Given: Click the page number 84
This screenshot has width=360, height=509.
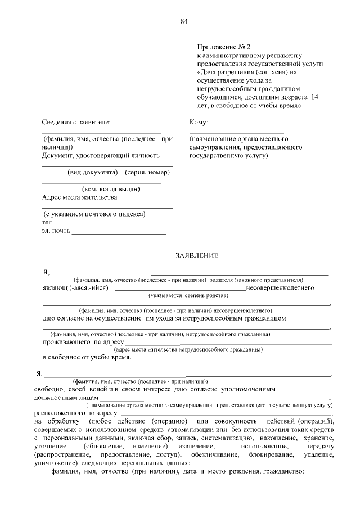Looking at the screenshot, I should coord(184,21).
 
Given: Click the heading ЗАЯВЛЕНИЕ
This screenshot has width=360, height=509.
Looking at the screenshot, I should coord(197,255).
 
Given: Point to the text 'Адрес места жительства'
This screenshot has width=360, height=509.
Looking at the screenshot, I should coord(80,197).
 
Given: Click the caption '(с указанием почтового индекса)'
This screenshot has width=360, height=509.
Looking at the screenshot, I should coord(95,214).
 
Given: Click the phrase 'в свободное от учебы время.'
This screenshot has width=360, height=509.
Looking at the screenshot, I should coord(87,357).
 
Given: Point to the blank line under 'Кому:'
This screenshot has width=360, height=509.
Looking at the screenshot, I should coord(236,131).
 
